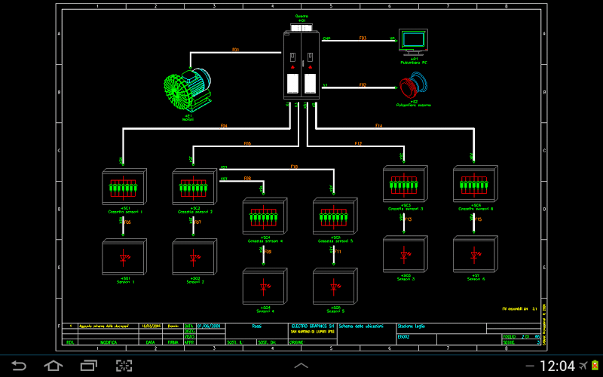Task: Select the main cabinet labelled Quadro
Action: (x=301, y=65)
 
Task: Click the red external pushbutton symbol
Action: (x=412, y=87)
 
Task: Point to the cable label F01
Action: (x=235, y=51)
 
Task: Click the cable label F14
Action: (x=378, y=126)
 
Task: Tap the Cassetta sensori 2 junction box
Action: (x=194, y=186)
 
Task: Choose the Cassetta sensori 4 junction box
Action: (x=264, y=217)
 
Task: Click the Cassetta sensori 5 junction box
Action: (x=334, y=217)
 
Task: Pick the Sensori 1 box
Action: (x=124, y=258)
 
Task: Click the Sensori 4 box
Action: (x=264, y=287)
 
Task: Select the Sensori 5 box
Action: (x=334, y=287)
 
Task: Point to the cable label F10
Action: (x=294, y=167)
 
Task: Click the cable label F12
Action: (x=358, y=143)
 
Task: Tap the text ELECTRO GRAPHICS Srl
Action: (x=311, y=326)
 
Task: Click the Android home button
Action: (x=53, y=366)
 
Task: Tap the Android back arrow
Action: (x=18, y=366)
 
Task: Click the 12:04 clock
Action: (x=557, y=366)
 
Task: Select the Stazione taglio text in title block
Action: (x=412, y=326)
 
